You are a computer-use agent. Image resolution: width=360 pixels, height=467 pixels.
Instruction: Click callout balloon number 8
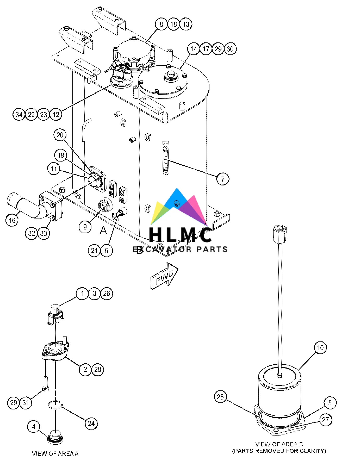pos(161,24)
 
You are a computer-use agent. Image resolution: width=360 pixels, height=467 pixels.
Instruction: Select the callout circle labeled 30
pos(230,49)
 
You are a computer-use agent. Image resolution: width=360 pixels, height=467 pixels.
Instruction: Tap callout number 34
pos(19,115)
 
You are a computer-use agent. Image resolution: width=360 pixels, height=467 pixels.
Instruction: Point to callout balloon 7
pos(223,179)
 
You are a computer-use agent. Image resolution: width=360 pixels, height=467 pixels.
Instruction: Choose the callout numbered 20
pos(60,135)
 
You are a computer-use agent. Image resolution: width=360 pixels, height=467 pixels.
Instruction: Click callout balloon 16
pos(12,220)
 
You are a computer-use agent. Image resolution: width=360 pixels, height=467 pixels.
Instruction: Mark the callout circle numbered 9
pos(85,227)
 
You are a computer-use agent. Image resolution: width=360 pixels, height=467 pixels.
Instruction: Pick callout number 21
pos(94,251)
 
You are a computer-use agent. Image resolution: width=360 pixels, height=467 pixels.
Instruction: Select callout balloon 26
pos(107,294)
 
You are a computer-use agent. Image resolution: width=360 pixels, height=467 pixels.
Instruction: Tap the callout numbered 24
pos(91,424)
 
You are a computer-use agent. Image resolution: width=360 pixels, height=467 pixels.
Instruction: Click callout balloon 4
pos(34,427)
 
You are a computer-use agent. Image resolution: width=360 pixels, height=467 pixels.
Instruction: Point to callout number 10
pos(320,348)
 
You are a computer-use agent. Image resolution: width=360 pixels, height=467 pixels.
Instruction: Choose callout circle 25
pos(220,397)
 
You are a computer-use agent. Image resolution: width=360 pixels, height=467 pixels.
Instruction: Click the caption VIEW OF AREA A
pos(55,453)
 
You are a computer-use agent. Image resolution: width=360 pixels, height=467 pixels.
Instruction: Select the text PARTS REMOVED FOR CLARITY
pos(279,451)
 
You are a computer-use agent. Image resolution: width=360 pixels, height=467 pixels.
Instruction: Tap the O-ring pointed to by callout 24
pos(55,405)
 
